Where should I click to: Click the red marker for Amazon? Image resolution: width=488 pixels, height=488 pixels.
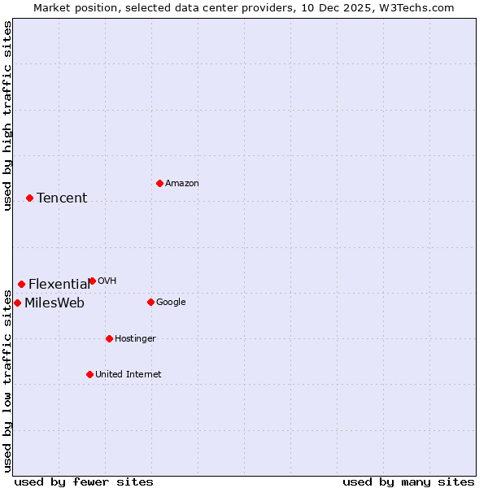coord(159,183)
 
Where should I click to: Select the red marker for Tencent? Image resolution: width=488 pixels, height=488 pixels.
coord(29,198)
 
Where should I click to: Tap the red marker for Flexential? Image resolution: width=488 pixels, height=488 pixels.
coord(21,284)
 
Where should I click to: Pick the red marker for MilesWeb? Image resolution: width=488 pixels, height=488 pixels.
coord(17,303)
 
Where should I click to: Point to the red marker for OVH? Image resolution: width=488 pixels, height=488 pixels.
coord(92,281)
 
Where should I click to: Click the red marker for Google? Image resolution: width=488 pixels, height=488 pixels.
coord(150,302)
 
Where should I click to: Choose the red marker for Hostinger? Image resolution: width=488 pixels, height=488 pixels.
coord(109,338)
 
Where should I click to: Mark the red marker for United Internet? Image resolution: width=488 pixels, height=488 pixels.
coord(89,374)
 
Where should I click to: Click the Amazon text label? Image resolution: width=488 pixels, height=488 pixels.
coord(182,183)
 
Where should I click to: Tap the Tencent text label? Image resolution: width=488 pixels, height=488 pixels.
coord(62,198)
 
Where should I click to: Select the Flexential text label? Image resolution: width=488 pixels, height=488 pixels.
coord(59,284)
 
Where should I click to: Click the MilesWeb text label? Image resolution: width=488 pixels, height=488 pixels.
coord(54,303)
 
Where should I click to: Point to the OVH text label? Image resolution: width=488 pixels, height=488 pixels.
coord(107,281)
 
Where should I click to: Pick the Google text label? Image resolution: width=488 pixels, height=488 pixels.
coord(171,302)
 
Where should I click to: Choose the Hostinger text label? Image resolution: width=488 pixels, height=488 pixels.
coord(135,338)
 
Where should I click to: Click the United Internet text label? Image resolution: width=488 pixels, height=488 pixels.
coord(129,374)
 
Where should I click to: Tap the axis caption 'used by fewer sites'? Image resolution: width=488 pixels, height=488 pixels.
coord(84,481)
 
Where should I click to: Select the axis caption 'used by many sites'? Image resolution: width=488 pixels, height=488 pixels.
coord(408,481)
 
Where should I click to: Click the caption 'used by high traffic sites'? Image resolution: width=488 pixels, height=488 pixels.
coord(7,116)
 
